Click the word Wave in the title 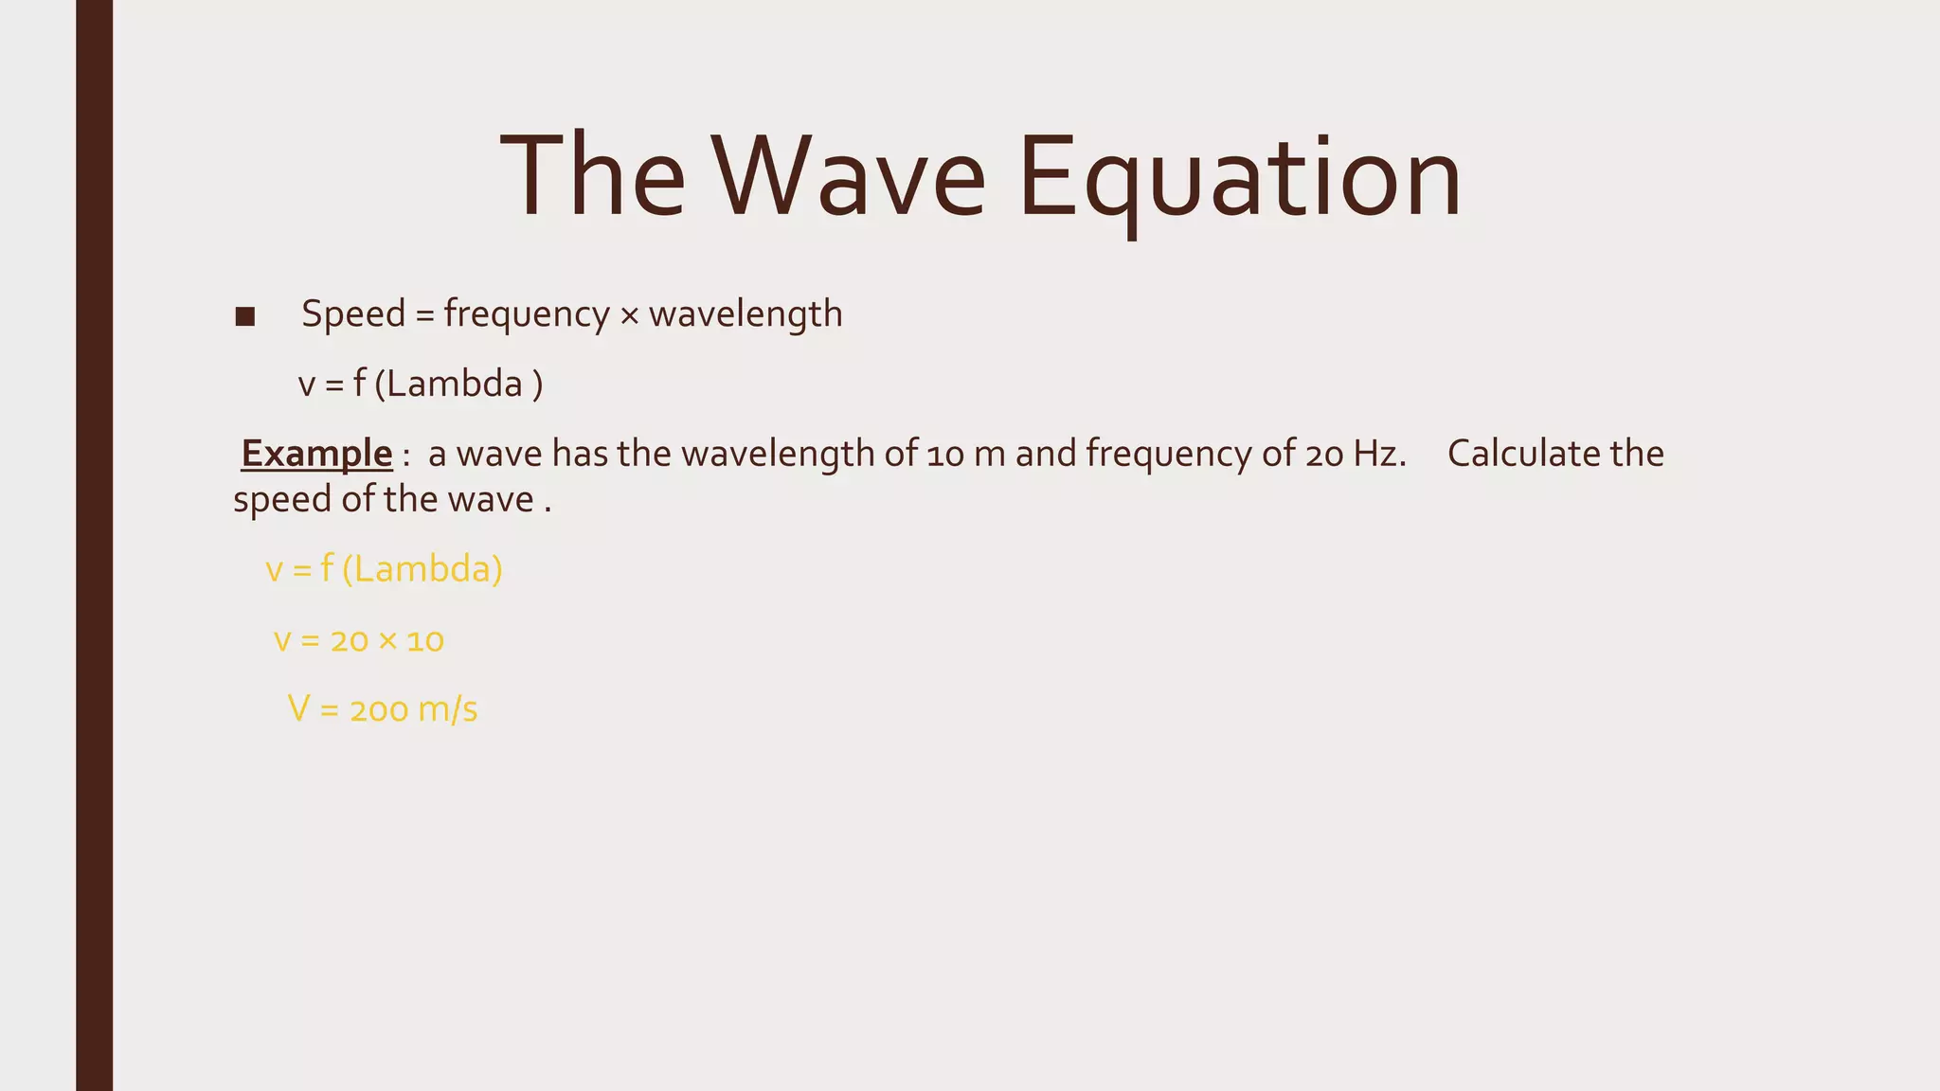tap(849, 177)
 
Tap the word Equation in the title tap(1240, 177)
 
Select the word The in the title tap(592, 177)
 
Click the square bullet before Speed tap(245, 316)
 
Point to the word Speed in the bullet tap(353, 313)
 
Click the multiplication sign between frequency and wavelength tap(629, 315)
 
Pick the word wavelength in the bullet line tap(745, 313)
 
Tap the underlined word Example tap(316, 454)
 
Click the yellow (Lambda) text tap(422, 569)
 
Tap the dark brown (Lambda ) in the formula tap(458, 385)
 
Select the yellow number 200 tap(378, 710)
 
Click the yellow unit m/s tap(448, 709)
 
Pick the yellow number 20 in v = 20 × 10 tap(349, 641)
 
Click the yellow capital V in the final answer tap(298, 708)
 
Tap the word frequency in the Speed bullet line tap(526, 313)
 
